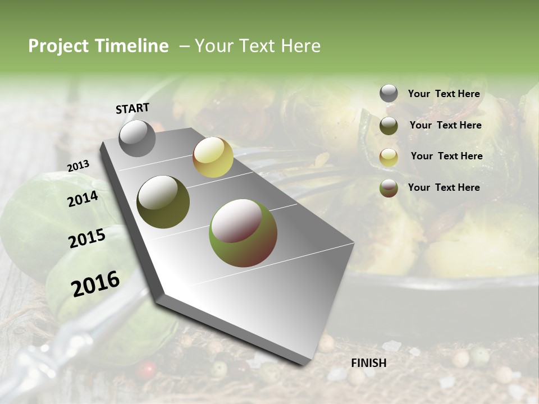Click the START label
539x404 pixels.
pos(133,108)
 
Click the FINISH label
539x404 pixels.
pos(368,362)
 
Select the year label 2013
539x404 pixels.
pos(79,166)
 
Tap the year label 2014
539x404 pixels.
pos(83,199)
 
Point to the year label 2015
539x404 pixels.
pos(87,238)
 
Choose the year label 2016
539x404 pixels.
pos(95,283)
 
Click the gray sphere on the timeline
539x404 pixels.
pos(138,139)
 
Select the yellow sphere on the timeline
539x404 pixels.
pos(213,157)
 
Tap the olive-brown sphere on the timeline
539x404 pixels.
pos(163,202)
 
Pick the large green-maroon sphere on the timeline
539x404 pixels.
pos(243,233)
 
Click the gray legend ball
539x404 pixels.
pos(389,94)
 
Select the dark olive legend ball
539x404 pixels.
pos(389,126)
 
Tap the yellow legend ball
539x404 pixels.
pos(389,157)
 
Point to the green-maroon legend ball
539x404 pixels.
pos(389,188)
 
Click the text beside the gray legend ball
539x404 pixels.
pos(444,94)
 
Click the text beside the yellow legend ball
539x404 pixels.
pos(446,156)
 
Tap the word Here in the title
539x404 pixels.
pos(300,46)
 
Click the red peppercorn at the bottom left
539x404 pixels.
pos(147,369)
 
